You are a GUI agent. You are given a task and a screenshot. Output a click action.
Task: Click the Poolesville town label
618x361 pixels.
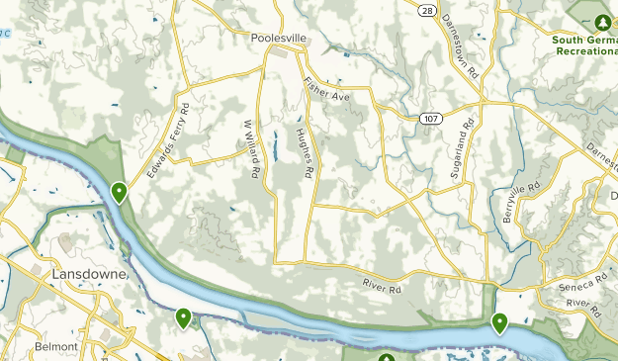[x=280, y=39]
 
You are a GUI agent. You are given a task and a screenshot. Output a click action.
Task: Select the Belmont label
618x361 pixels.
[x=54, y=347]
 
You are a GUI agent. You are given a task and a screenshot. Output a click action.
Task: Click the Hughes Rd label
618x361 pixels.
[x=304, y=153]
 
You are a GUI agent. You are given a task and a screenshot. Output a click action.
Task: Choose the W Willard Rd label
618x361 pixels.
[x=252, y=149]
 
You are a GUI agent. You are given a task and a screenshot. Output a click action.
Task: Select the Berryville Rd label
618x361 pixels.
[x=521, y=202]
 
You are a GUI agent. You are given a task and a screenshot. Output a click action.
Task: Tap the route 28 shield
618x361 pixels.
[x=426, y=10]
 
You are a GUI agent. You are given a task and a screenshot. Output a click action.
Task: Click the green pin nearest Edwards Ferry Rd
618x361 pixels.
[x=120, y=191]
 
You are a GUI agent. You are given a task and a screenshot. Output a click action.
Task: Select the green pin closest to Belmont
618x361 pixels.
[x=184, y=317]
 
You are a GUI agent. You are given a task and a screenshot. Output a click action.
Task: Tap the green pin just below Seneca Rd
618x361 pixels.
[x=500, y=321]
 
